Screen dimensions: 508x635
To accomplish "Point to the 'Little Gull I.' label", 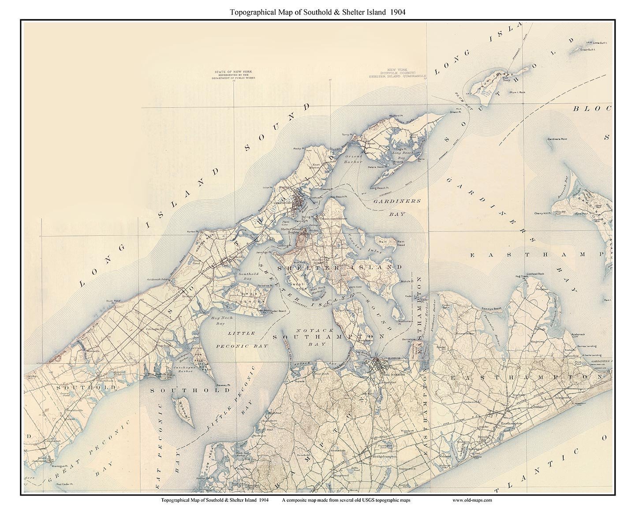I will (600, 43).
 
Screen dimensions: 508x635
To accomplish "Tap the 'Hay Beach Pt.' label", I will (339, 196).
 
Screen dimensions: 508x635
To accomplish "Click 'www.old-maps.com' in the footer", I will (472, 500).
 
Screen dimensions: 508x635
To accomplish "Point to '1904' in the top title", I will (397, 12).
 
